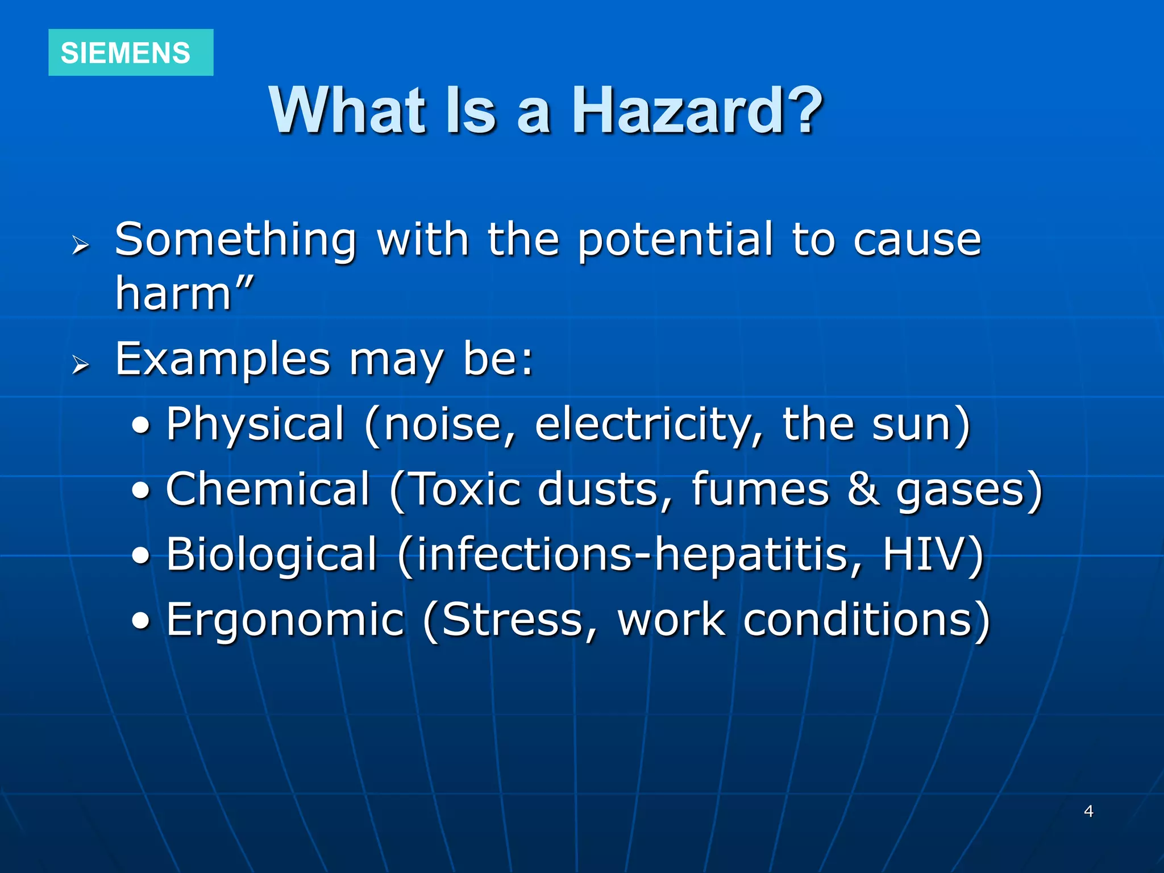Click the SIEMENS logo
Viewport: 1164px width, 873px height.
(x=130, y=53)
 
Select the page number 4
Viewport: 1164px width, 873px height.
(x=1088, y=811)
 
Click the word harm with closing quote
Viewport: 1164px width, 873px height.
(x=184, y=293)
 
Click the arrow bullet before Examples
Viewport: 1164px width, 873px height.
(x=81, y=364)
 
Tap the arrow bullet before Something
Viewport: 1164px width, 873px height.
(x=81, y=246)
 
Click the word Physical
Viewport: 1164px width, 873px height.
(x=255, y=424)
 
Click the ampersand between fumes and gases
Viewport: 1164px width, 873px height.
(x=863, y=490)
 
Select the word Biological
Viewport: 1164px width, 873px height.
(x=272, y=555)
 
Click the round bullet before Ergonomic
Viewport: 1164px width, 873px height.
(x=142, y=621)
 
